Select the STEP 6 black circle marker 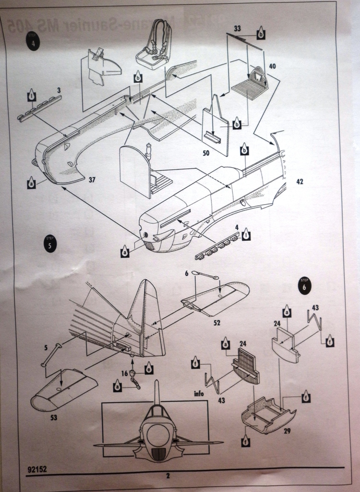[x=303, y=285]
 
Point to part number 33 [x=237, y=29]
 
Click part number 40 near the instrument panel [x=273, y=66]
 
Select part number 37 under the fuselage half [x=92, y=181]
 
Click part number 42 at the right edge [x=300, y=182]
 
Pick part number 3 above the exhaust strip [x=59, y=90]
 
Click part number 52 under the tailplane [x=216, y=323]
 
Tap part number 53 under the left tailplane [x=54, y=418]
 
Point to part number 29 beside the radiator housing [x=287, y=431]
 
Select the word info [x=199, y=394]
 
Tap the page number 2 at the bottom [x=168, y=476]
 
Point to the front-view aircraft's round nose [x=158, y=435]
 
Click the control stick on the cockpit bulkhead [x=149, y=150]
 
